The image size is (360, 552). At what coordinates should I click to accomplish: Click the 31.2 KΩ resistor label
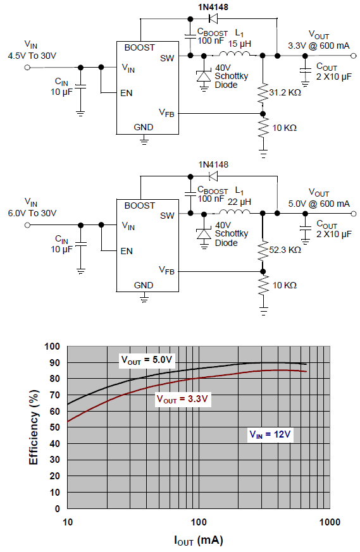285,92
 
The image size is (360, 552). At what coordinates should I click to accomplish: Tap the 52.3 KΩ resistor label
285,250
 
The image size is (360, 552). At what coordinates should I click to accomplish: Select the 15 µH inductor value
240,44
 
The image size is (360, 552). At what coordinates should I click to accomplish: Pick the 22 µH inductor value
240,202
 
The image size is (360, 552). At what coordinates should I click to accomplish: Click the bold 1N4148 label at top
213,7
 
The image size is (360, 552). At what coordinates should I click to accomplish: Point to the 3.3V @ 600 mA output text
319,46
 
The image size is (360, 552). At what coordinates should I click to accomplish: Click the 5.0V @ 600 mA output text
319,204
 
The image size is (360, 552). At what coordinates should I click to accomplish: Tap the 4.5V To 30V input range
32,56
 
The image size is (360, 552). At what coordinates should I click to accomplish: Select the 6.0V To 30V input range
32,213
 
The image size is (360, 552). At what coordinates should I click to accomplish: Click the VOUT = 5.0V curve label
147,360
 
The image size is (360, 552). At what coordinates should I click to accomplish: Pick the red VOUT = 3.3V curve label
182,399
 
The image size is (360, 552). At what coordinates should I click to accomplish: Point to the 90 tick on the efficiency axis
54,362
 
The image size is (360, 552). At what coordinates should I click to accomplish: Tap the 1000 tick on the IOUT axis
330,522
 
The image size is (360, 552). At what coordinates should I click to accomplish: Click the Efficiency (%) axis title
34,427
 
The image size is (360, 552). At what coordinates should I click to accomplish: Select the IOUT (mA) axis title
199,541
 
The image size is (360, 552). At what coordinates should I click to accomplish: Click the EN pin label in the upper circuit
127,94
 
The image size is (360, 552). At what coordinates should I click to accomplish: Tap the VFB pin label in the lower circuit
166,271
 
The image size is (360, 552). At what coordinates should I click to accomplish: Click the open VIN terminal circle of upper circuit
27,67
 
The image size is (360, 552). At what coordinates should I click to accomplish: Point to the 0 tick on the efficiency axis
58,509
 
